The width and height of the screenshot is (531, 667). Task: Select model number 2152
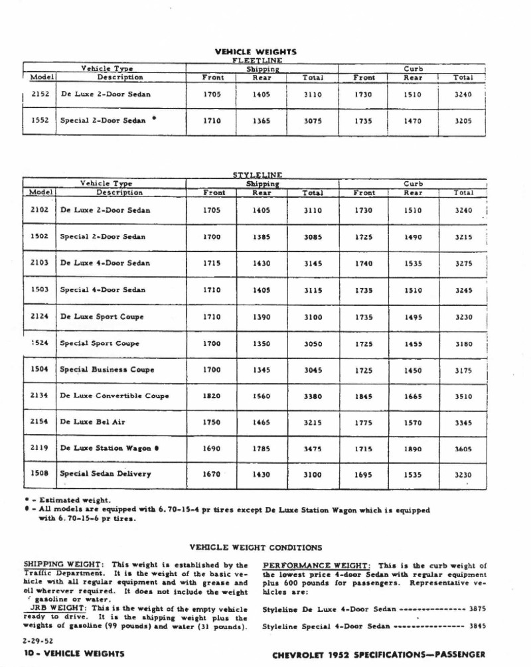(x=40, y=94)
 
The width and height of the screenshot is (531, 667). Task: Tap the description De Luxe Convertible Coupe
(x=114, y=396)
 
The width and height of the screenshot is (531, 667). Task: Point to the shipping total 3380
(x=313, y=396)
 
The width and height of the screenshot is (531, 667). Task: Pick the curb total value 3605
(x=463, y=449)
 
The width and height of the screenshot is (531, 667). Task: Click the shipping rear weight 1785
(x=262, y=449)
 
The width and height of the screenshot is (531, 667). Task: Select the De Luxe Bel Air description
(x=92, y=421)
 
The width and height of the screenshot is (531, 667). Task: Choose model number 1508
(x=40, y=473)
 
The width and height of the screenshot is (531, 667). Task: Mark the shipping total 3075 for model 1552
(x=313, y=121)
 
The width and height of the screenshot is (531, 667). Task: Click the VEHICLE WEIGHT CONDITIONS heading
(x=256, y=548)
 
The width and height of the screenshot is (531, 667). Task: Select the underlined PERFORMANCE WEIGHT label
(x=317, y=564)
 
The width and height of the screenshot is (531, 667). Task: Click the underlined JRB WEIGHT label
(x=58, y=607)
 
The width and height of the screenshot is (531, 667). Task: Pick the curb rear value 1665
(x=414, y=396)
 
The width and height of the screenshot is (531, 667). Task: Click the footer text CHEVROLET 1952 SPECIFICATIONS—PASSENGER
(x=380, y=653)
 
